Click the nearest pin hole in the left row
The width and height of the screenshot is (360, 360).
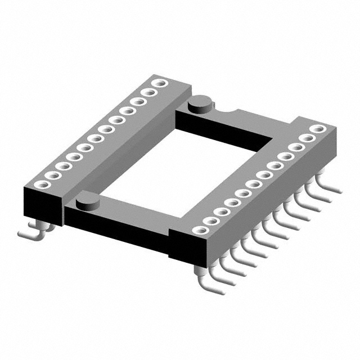pos(39,184)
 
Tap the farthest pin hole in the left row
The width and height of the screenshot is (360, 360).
pos(160,84)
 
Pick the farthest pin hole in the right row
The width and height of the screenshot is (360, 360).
pos(318,129)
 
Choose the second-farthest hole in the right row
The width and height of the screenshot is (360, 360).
pos(308,138)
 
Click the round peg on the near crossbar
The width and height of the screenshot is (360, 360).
pos(85,200)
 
